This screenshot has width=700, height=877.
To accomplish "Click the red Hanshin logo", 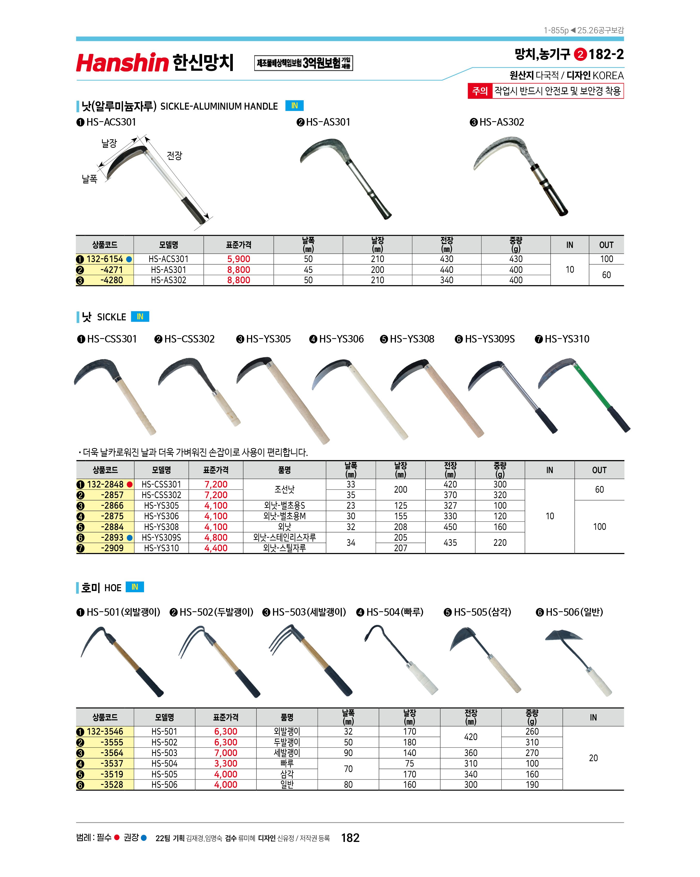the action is tap(122, 63).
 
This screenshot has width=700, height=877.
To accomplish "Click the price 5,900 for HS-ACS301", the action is tap(238, 259).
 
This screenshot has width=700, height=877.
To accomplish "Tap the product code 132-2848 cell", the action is tap(105, 484).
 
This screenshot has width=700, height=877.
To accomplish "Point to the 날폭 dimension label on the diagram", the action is tap(90, 179).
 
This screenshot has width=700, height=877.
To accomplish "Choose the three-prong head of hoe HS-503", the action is tap(285, 639).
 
